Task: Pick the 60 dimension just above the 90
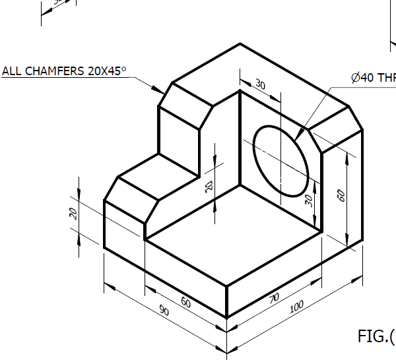[186, 303]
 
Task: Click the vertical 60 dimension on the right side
[341, 196]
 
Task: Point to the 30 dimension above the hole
[260, 85]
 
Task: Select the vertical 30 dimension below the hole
[308, 200]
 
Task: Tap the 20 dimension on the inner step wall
[209, 187]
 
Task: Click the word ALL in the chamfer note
[13, 71]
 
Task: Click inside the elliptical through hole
[281, 161]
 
